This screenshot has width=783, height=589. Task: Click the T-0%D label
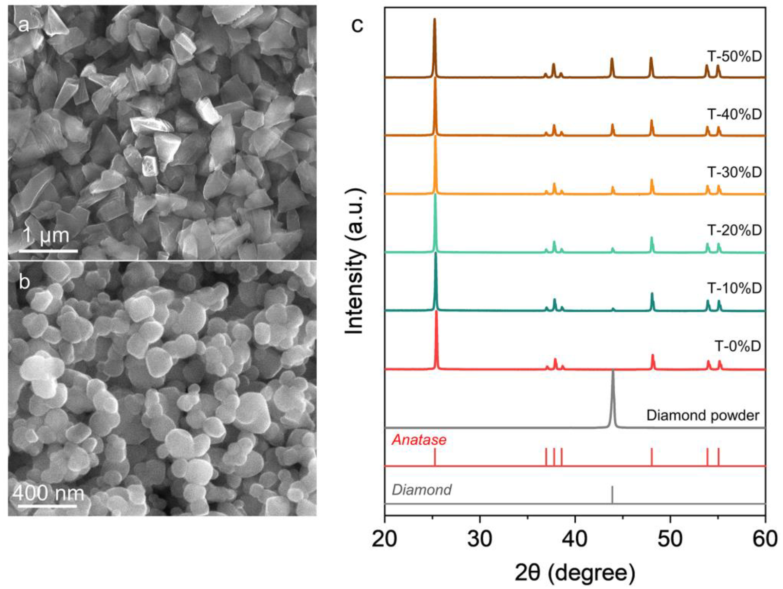[738, 346]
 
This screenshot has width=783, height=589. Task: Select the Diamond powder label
[703, 415]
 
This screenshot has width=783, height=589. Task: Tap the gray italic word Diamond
[421, 490]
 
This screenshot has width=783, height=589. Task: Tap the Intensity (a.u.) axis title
[355, 262]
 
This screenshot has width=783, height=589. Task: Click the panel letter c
[357, 25]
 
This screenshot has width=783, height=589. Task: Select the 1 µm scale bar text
[46, 236]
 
